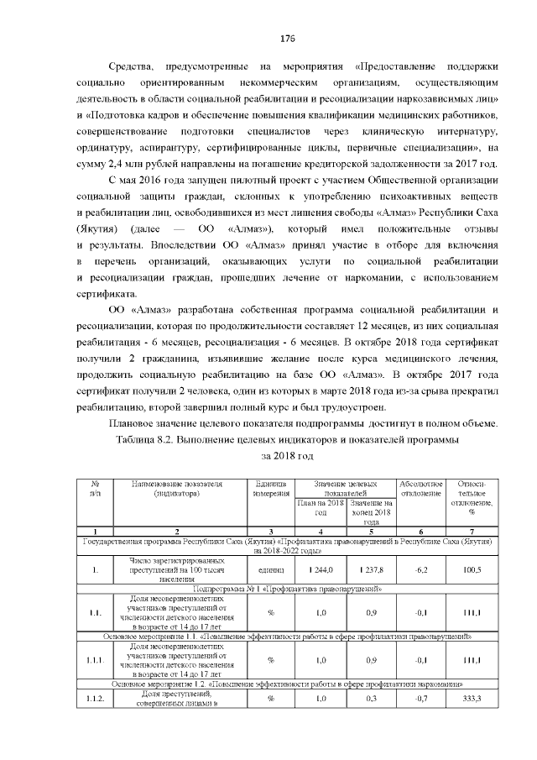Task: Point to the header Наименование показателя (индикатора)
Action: coord(176,489)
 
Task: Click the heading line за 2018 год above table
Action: coord(288,455)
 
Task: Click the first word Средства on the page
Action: coord(134,66)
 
